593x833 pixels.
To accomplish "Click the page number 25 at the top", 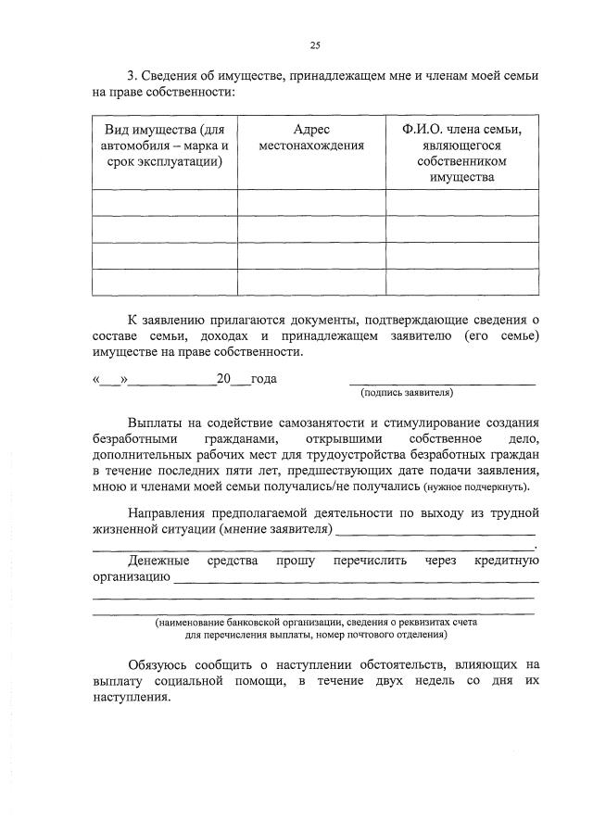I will click(314, 44).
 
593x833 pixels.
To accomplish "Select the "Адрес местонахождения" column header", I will click(311, 138).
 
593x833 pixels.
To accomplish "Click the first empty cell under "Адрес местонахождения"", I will click(311, 202).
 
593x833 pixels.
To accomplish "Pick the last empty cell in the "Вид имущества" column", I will click(165, 282).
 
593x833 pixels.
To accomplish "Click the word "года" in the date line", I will click(264, 378).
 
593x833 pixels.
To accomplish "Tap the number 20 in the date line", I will click(222, 378).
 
